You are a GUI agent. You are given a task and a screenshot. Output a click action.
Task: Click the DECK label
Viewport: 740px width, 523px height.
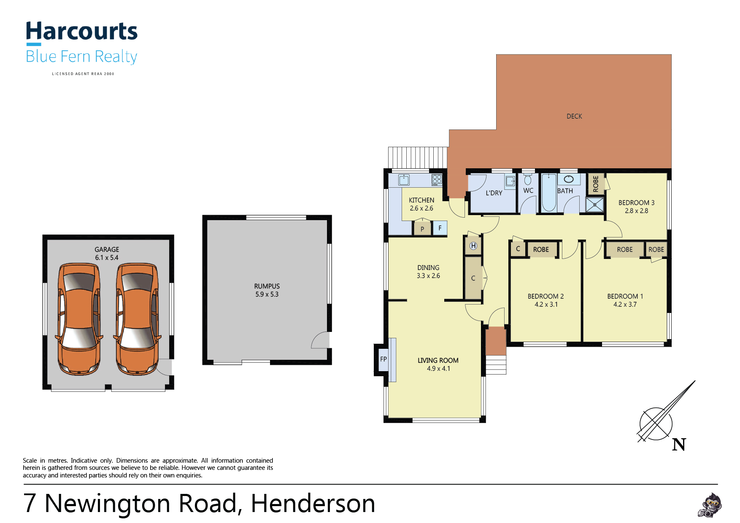click(574, 116)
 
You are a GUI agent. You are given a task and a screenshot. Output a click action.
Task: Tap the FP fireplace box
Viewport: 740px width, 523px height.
click(384, 359)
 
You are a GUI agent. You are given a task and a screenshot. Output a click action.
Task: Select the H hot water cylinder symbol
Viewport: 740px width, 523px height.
click(473, 246)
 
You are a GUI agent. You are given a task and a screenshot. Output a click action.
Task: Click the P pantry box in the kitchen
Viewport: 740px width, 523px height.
click(422, 229)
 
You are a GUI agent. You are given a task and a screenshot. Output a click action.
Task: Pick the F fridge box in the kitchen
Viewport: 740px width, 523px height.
click(440, 228)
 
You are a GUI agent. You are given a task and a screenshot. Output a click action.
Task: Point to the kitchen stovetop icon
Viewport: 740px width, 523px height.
click(437, 180)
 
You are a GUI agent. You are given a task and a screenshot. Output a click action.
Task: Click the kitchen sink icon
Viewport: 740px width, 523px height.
click(404, 180)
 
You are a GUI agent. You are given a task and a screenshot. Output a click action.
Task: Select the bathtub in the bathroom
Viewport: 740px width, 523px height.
click(549, 192)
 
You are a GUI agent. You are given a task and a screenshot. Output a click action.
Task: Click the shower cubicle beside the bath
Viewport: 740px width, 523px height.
click(595, 205)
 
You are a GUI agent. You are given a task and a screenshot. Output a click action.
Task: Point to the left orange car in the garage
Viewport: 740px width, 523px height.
click(79, 319)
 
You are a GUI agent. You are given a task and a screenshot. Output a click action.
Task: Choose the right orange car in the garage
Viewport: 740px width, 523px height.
click(137, 319)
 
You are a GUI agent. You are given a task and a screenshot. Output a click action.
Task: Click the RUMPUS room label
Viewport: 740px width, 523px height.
click(267, 286)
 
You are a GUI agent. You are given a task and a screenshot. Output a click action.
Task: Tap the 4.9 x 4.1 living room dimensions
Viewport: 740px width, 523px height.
click(438, 369)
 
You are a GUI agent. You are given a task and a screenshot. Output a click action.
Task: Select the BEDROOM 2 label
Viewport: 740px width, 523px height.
click(546, 297)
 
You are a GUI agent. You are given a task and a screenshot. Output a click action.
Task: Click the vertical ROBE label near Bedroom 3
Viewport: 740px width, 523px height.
click(596, 184)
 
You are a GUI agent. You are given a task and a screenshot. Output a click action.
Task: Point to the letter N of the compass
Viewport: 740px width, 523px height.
click(679, 445)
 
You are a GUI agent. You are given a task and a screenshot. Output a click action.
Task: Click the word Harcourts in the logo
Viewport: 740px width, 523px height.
click(82, 32)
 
